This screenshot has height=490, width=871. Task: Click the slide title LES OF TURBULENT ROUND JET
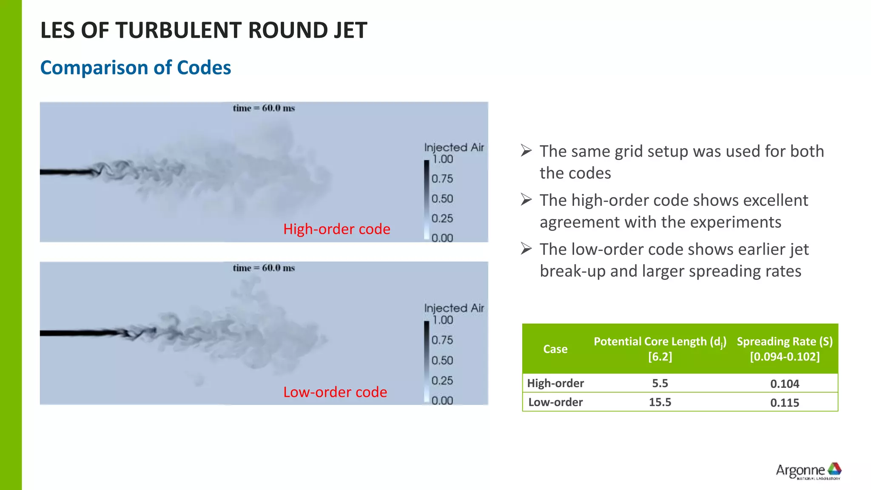(203, 31)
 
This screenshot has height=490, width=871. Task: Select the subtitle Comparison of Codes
(135, 68)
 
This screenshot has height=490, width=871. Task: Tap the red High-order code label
(336, 229)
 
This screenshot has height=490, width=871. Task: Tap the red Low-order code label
(335, 392)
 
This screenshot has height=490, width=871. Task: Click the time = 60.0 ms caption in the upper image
(264, 108)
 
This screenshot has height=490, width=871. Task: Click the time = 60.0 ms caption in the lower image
(264, 268)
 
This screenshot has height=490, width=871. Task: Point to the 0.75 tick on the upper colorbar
(442, 179)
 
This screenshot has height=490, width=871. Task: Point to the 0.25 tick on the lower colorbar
(442, 381)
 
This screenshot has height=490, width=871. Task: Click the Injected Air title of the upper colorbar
(454, 148)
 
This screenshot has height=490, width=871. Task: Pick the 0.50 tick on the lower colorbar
(442, 361)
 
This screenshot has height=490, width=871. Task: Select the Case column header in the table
(555, 349)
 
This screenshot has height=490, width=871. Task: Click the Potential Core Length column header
(660, 348)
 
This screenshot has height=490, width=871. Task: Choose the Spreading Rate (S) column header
(785, 348)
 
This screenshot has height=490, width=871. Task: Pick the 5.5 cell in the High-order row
(660, 383)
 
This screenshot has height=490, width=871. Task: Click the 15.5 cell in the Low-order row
(660, 402)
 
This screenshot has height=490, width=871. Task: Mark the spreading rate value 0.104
(785, 384)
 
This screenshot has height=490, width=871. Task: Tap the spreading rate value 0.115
(785, 403)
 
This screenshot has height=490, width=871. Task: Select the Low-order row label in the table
(555, 402)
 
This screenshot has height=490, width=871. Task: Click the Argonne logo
(808, 471)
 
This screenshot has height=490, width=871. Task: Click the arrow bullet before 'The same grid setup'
(526, 151)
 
